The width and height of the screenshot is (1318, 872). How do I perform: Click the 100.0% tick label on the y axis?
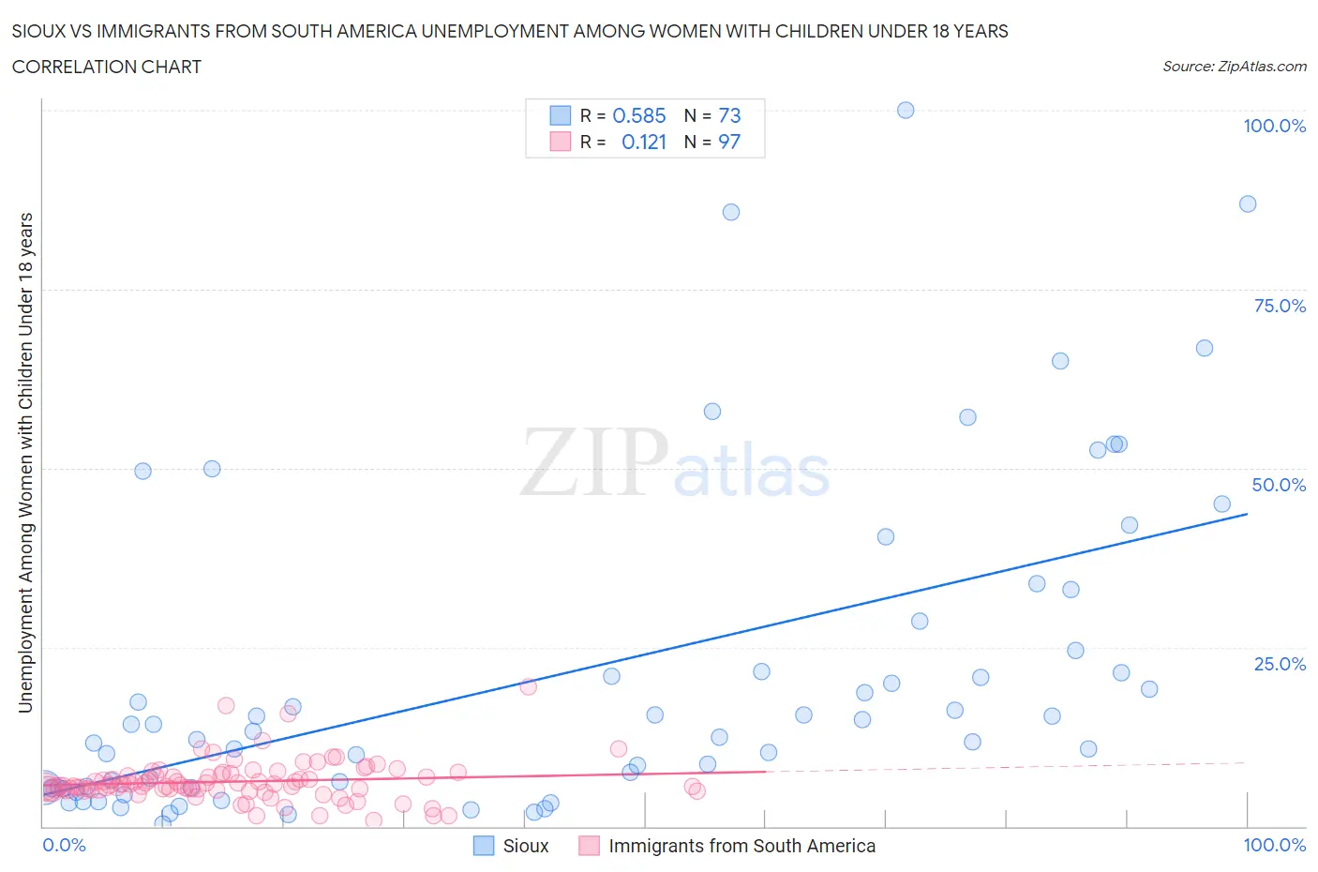coord(1274,126)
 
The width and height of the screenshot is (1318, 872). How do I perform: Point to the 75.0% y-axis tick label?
coord(1280,306)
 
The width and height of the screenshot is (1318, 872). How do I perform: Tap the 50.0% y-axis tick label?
coord(1279,485)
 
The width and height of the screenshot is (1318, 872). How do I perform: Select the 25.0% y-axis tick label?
coord(1280,664)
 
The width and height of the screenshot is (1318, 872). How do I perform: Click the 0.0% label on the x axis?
coord(64,845)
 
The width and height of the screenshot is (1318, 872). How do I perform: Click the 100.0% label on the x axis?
coord(1274,845)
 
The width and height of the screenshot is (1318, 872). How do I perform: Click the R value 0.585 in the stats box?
coord(638,115)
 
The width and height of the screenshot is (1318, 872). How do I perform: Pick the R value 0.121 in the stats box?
coord(644,142)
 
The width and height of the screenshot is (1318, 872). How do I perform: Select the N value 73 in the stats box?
coord(729,115)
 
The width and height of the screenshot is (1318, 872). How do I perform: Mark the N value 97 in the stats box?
coord(729,142)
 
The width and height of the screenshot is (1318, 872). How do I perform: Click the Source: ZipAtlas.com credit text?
coord(1234,67)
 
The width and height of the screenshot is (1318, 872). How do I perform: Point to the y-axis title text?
coord(26,462)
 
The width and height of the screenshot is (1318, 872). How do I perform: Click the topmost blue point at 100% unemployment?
coord(906,110)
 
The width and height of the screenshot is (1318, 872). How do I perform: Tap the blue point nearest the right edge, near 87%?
coord(1248,203)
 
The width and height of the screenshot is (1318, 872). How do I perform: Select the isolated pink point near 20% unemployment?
coord(528,686)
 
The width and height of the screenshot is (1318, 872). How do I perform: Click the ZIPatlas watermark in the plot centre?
coord(675,462)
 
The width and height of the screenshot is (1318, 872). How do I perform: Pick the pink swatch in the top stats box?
coord(560,142)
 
